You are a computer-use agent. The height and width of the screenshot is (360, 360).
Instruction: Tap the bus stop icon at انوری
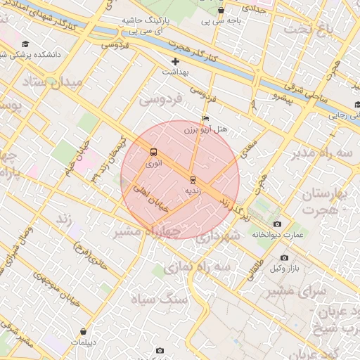(153, 152)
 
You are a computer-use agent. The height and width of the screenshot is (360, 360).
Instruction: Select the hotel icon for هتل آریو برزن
(205, 118)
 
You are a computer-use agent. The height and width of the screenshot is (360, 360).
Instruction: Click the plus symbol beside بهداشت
(176, 61)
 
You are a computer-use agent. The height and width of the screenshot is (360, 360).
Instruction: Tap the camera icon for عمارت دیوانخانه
(277, 224)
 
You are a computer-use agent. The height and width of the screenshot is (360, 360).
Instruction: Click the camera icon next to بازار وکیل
(284, 258)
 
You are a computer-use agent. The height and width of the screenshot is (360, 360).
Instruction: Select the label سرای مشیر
(304, 290)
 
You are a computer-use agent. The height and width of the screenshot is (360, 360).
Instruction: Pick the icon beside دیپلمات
(84, 330)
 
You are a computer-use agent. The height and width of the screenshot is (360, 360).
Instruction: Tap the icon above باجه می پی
(221, 11)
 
